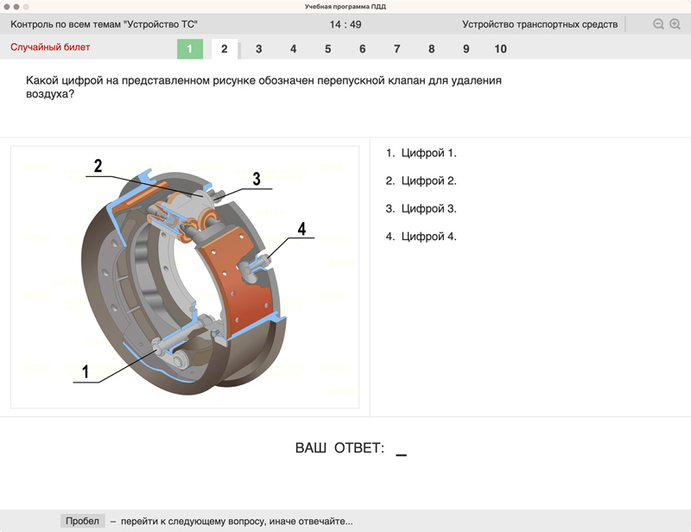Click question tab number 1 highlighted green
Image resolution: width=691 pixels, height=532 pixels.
190,49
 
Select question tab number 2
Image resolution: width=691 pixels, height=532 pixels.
225,49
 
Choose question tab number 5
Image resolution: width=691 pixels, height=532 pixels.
328,49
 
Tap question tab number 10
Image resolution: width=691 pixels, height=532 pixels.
500,49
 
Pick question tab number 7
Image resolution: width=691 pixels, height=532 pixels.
397,49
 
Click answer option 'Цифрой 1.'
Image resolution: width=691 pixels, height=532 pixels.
421,153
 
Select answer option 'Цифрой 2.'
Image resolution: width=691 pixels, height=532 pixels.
421,180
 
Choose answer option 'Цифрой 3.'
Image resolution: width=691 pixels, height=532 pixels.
421,208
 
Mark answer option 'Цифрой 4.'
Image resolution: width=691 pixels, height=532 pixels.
421,237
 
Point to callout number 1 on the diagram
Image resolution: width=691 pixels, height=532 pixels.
86,371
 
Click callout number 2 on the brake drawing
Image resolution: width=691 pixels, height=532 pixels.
98,166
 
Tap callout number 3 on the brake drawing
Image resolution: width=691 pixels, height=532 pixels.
257,179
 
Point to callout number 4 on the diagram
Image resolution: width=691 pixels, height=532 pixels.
301,229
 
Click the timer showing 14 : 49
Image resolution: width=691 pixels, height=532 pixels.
345,25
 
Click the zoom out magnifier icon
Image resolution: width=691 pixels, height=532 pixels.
658,24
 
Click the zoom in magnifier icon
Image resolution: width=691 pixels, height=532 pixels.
675,24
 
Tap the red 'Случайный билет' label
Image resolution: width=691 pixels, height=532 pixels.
50,47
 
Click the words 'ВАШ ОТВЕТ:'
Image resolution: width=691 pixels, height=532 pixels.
339,448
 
